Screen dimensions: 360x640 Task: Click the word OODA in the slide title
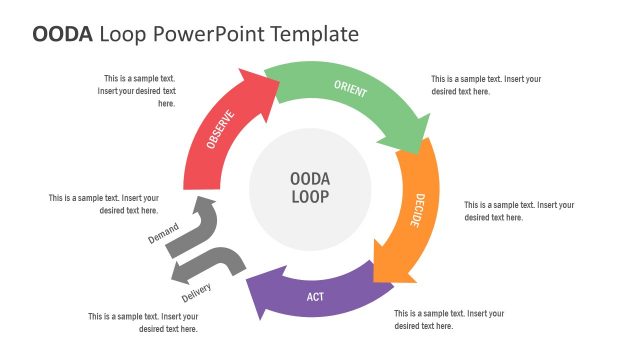(x=63, y=34)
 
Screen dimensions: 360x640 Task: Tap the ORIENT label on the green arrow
(x=351, y=92)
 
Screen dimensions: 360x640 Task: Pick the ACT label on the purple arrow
(x=315, y=297)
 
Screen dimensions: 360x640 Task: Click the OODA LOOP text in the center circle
(x=310, y=187)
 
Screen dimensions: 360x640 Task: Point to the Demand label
(x=163, y=235)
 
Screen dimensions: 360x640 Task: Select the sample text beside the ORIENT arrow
(x=487, y=85)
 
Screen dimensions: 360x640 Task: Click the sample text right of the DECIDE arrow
(x=519, y=211)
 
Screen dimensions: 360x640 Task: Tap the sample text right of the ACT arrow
(x=449, y=319)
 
